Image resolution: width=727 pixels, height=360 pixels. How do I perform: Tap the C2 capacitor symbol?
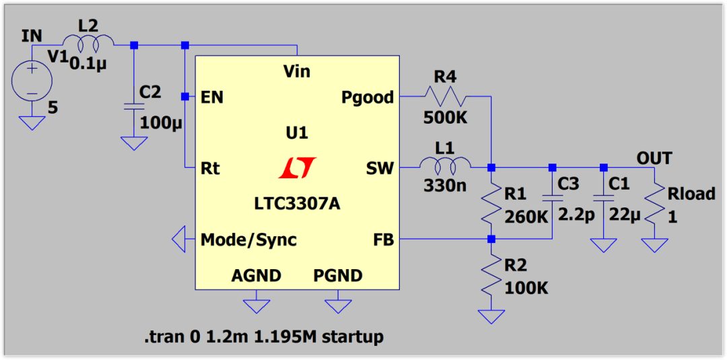133,106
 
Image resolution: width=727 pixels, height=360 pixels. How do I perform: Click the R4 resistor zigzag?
444,97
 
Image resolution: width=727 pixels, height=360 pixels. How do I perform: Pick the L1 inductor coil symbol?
445,166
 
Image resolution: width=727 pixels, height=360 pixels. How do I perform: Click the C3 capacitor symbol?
552,198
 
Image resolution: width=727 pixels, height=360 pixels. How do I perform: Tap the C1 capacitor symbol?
603,198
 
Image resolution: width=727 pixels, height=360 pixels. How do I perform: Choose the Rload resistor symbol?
654,205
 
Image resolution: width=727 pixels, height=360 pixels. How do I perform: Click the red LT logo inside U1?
297,168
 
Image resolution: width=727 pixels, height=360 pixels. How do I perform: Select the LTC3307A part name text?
297,203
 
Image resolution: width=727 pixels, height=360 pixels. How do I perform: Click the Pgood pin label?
367,98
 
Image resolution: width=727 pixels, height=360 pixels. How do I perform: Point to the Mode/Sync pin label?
248,240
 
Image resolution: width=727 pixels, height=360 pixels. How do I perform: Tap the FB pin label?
382,240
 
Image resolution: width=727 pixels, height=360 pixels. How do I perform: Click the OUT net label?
654,158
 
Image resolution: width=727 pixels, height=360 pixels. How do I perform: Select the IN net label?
32,36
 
